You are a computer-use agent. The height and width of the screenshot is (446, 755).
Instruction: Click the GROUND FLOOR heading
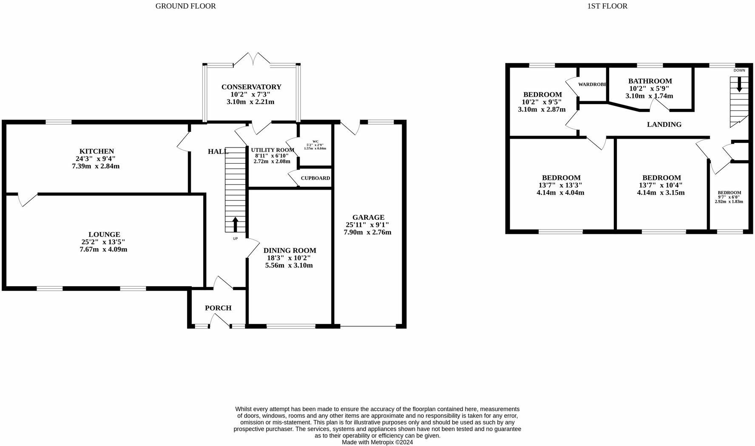(185, 6)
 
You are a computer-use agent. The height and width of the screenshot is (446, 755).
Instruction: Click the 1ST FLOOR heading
(607, 6)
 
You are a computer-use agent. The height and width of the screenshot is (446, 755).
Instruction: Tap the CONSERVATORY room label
(251, 87)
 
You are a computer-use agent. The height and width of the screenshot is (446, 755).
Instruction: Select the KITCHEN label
(97, 151)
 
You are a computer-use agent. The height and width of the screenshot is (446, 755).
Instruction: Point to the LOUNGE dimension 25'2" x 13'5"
(104, 242)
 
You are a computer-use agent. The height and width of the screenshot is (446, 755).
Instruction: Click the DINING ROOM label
(290, 250)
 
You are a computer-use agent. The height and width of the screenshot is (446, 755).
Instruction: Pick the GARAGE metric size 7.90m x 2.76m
(367, 232)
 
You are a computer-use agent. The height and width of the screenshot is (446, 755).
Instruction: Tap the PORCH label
(218, 308)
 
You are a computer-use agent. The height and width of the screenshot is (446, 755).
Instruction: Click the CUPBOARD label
(315, 178)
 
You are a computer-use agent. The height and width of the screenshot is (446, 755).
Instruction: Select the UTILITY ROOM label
(272, 150)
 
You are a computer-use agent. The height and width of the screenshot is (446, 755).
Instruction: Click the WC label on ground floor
(315, 142)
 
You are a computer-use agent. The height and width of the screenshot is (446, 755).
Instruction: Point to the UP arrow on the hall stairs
(235, 224)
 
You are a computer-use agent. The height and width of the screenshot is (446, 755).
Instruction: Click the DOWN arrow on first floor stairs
(739, 84)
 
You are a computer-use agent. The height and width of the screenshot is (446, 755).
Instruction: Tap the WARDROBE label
(592, 84)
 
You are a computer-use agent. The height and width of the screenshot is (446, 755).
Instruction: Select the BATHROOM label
(650, 81)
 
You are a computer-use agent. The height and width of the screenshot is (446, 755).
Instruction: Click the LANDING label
(664, 124)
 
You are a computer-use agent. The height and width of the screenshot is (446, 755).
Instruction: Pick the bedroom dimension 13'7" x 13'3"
(560, 185)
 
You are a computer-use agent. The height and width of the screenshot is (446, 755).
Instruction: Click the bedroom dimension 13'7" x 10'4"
(661, 185)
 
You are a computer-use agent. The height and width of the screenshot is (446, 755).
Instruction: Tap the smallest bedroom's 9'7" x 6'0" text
(729, 197)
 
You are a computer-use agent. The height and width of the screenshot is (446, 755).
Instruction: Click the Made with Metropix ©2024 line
(377, 442)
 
